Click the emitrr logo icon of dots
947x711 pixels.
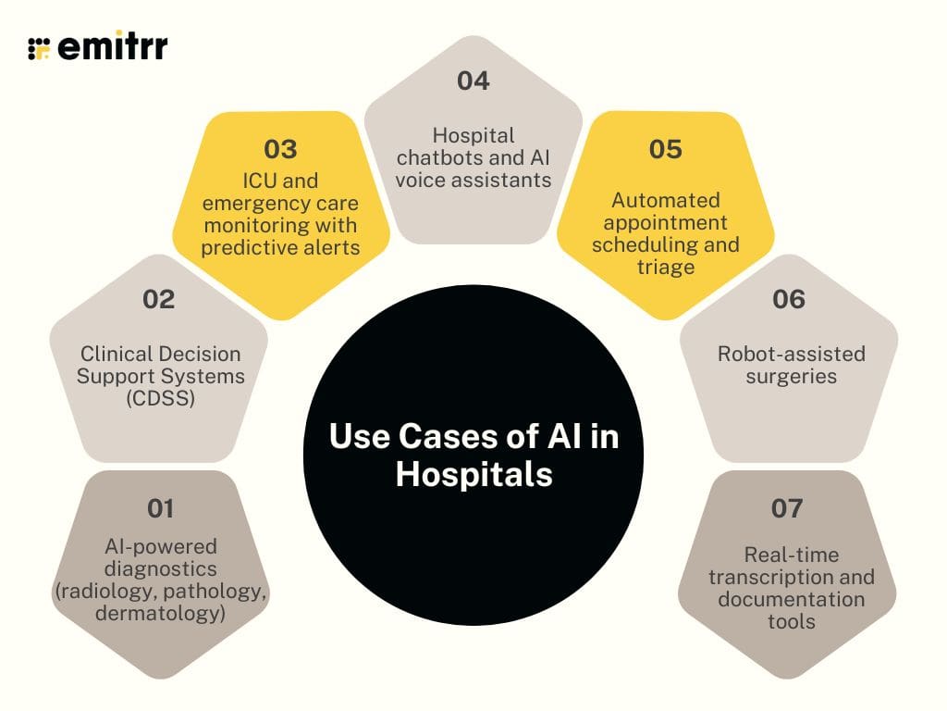pos(39,48)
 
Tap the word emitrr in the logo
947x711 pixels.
pos(113,47)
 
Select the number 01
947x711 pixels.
pos(160,508)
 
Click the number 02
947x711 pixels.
pos(159,299)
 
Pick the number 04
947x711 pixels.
pos(473,81)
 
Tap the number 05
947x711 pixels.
pos(666,149)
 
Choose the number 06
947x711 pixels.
pos(789,299)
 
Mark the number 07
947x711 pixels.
pos(787,508)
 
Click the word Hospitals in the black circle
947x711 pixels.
pos(473,475)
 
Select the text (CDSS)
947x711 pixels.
pos(160,399)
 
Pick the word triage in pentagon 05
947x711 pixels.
pos(667,267)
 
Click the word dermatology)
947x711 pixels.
pos(160,612)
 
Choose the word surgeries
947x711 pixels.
pos(791,377)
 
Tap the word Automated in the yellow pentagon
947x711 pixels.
pos(666,200)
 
